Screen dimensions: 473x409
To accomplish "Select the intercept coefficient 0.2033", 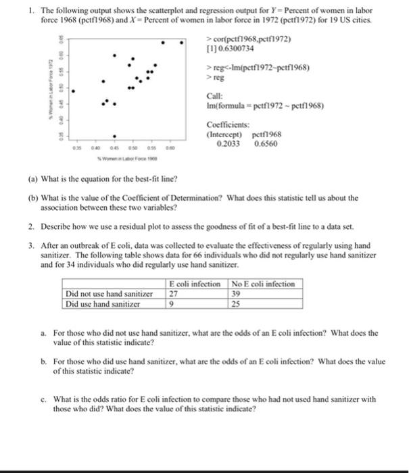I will (x=223, y=144).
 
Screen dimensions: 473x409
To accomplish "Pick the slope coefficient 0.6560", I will (x=266, y=144).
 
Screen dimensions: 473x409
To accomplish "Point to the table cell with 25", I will (x=236, y=304).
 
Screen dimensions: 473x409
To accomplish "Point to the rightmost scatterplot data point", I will (x=182, y=42).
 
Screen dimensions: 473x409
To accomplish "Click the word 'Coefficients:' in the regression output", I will (x=228, y=125).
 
